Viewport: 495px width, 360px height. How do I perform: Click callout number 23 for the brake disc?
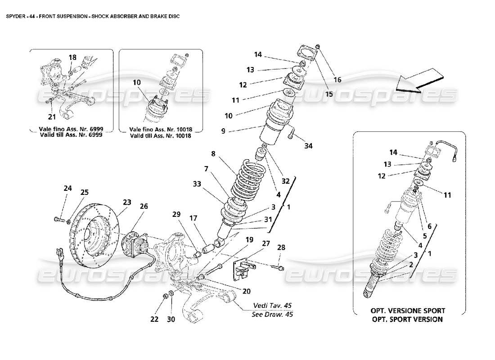(126, 202)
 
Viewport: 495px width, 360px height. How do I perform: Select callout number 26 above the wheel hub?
(144, 207)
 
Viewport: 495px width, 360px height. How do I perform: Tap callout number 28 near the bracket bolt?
(281, 247)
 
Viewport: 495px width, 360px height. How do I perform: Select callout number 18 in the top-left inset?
(72, 57)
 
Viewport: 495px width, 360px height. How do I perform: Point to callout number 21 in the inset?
(52, 117)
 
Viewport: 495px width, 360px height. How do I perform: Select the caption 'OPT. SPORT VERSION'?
(408, 319)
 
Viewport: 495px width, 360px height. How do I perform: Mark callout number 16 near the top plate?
(337, 80)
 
